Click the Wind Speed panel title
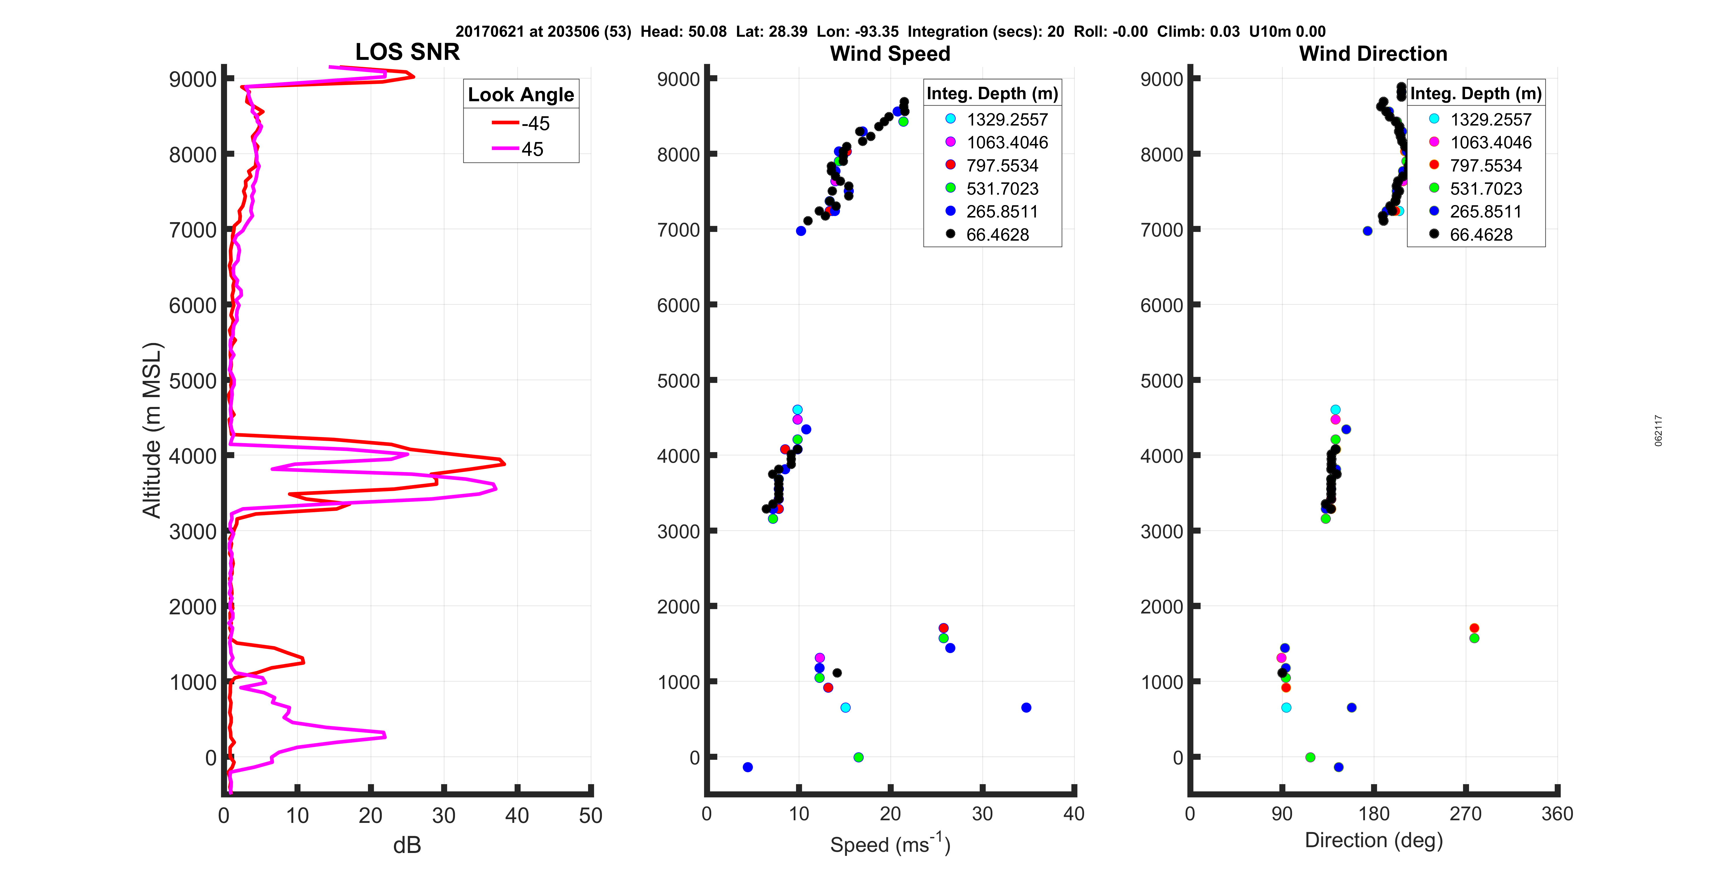(890, 54)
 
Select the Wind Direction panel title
(1373, 54)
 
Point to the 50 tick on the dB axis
(591, 815)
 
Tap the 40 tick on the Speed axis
(1074, 814)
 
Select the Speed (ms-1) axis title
(890, 844)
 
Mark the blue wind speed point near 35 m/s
(1026, 707)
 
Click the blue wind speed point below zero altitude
(748, 767)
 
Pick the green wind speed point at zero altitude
(858, 757)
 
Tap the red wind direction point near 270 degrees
(1475, 628)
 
